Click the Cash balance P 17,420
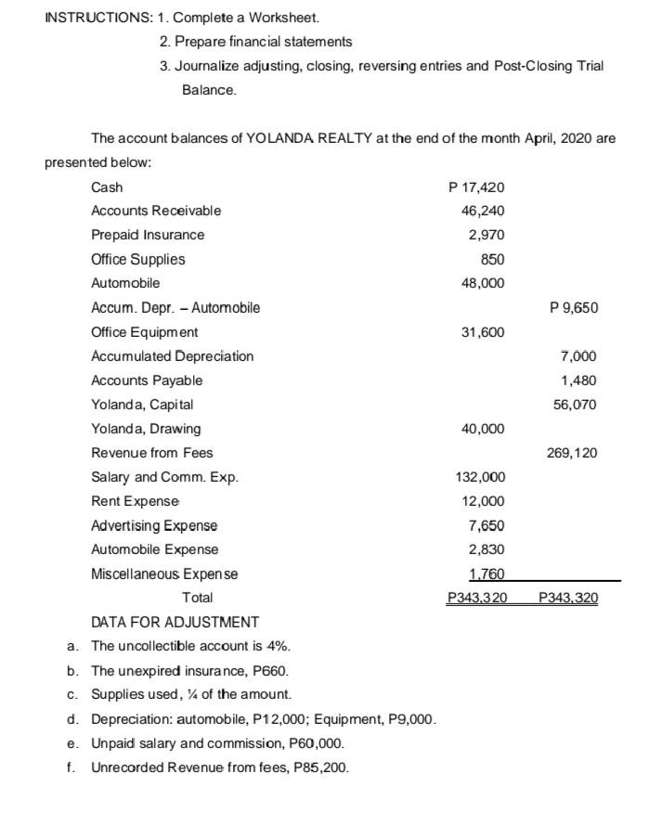[475, 187]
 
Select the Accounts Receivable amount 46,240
[483, 212]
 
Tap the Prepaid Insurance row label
[148, 235]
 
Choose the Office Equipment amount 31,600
[483, 332]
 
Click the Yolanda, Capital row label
[142, 405]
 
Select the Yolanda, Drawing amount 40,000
[483, 429]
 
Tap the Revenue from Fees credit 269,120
[572, 453]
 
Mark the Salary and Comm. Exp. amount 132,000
[479, 477]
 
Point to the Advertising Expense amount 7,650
[486, 525]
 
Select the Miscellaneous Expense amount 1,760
[486, 574]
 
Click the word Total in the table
[197, 598]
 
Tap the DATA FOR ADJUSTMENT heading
[175, 622]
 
